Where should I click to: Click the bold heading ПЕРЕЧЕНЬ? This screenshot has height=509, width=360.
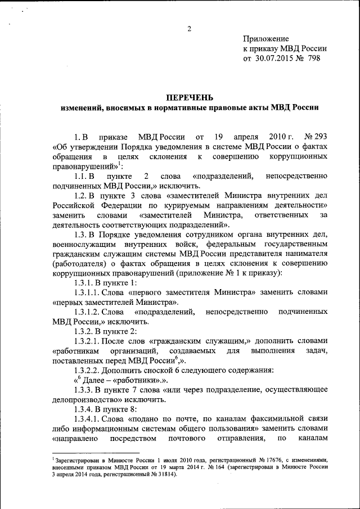pos(190,97)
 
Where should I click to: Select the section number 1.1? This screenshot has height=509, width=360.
pos(81,177)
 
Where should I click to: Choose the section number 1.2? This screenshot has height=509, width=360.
pos(82,197)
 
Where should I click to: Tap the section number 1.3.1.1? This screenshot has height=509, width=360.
pos(91,292)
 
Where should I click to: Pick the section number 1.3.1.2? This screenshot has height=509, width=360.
pos(91,312)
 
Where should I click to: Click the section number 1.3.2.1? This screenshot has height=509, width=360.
pos(91,341)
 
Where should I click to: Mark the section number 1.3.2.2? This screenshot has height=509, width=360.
pos(91,370)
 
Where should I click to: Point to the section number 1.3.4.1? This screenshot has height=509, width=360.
pos(91,420)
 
